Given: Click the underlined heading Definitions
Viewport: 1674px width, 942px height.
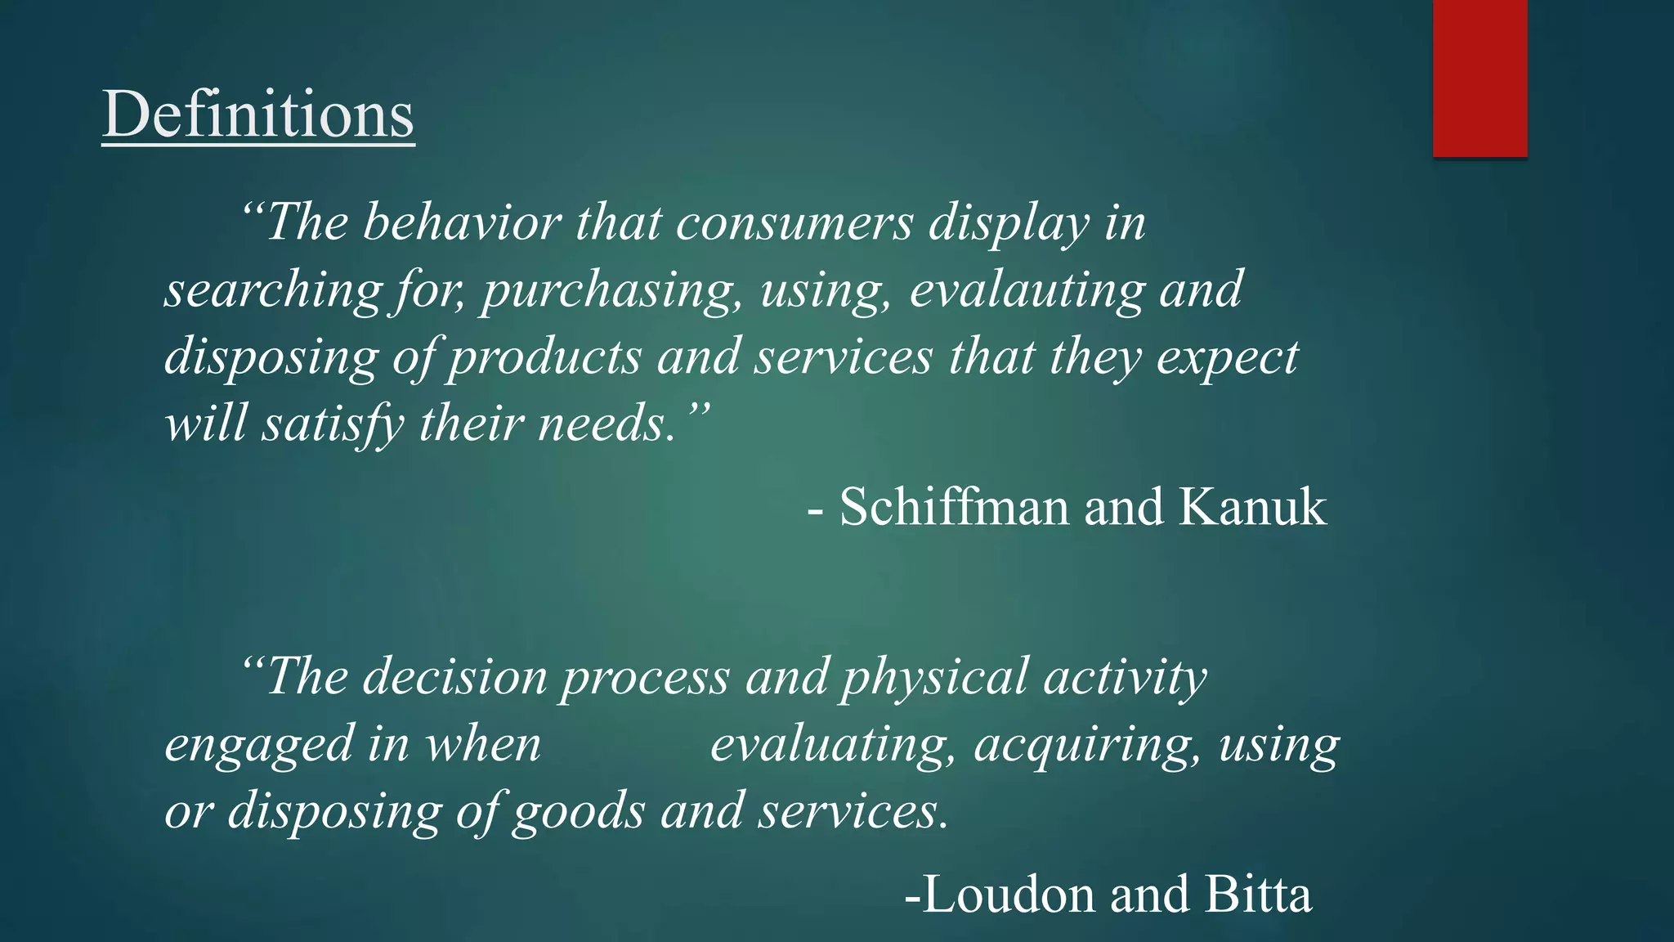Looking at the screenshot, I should coord(258,114).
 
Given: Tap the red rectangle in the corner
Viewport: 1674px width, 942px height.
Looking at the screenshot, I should coord(1479,78).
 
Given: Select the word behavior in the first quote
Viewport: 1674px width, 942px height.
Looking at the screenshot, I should coord(462,222).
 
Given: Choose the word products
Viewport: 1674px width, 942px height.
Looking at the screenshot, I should coord(544,357).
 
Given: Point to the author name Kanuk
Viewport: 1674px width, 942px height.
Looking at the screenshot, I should coord(1252,506).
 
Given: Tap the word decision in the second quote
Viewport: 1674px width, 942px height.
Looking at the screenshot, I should coord(454,677).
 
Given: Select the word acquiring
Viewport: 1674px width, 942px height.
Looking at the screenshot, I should coord(1088,745).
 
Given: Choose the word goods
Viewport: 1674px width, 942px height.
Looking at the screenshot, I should coord(579,812).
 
